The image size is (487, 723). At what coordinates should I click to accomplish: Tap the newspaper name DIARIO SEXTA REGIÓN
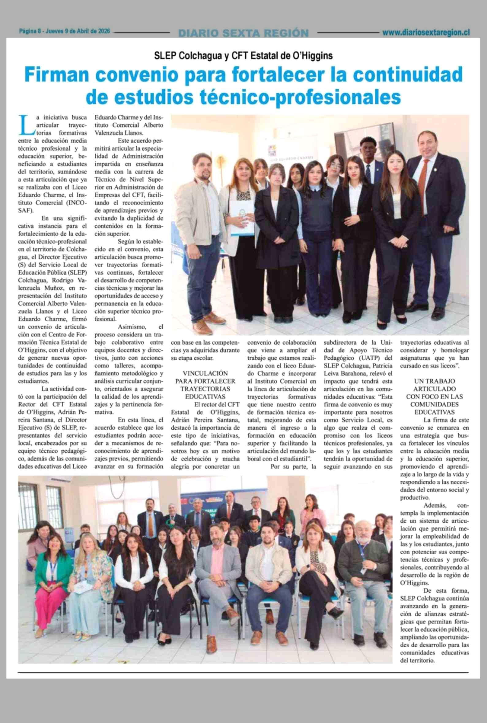point(243,33)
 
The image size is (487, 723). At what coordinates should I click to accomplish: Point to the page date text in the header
point(65,31)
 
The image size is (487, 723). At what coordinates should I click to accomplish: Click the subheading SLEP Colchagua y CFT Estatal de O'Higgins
point(243,55)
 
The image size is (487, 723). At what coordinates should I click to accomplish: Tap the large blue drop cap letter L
point(24,124)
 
